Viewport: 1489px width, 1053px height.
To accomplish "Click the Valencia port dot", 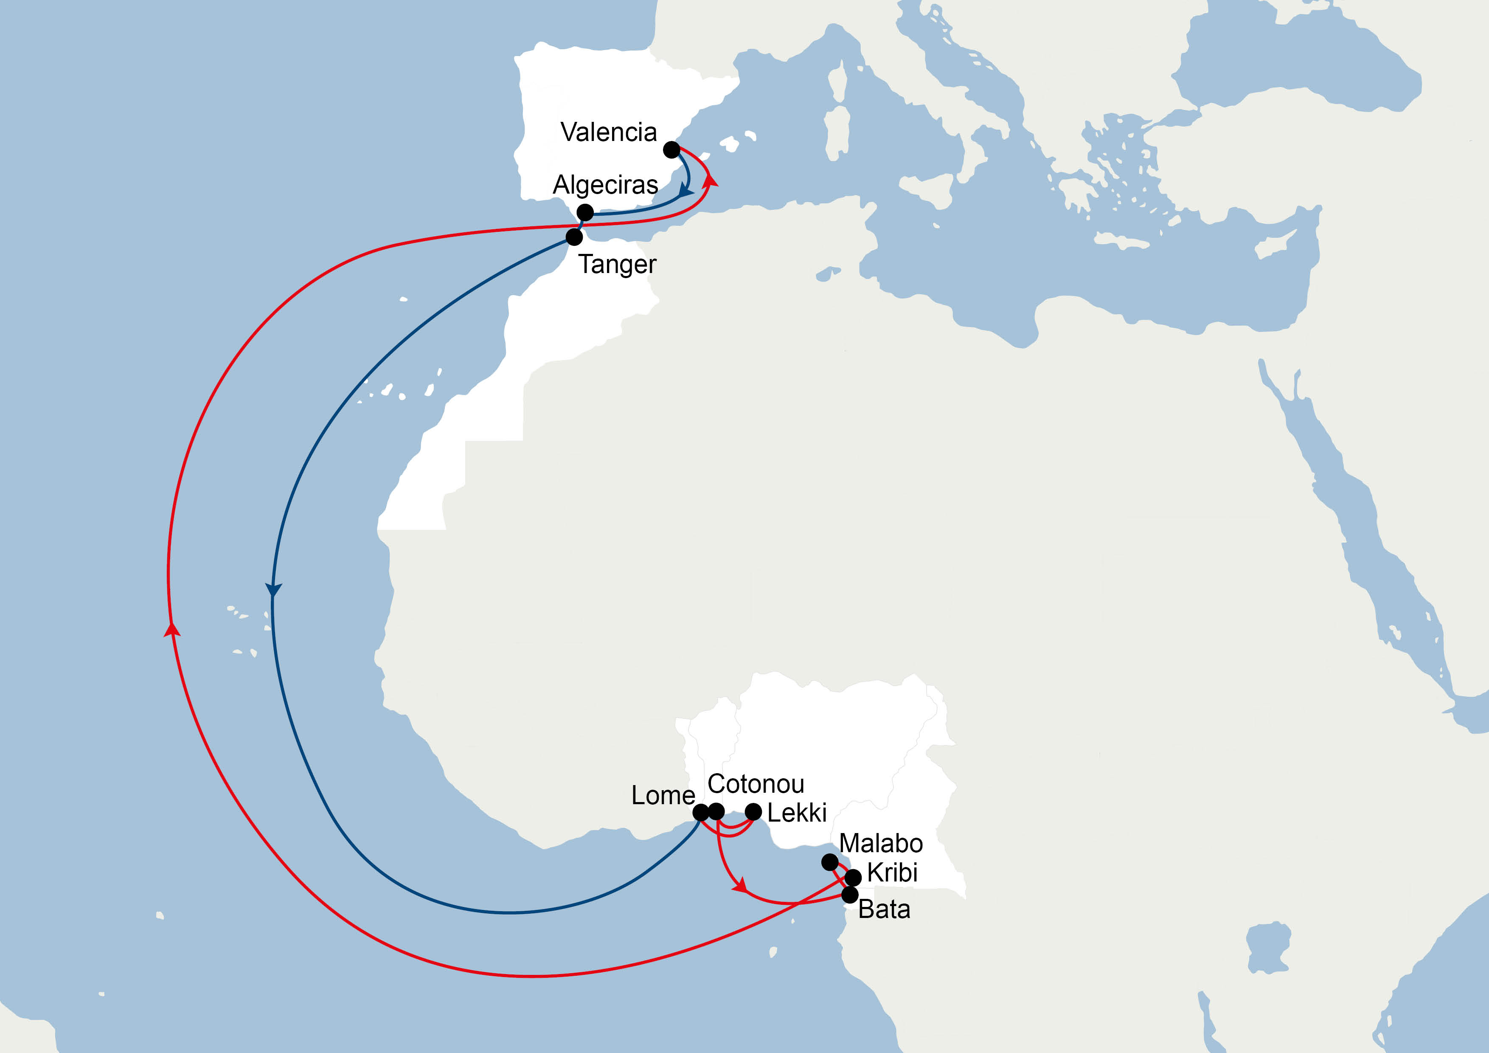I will coord(671,150).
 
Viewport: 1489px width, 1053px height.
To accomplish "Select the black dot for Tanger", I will coord(574,237).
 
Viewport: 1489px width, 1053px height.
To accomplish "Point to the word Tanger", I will coord(617,264).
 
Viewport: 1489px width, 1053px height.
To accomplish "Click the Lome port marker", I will coord(700,812).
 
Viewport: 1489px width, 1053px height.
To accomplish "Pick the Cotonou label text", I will coord(756,784).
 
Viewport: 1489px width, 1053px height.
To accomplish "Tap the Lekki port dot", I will coord(753,812).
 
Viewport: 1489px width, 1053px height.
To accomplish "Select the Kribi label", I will coord(892,873).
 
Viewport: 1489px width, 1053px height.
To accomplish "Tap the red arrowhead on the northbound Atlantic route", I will coord(172,629).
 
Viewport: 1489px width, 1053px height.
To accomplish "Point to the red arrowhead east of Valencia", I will coord(711,180).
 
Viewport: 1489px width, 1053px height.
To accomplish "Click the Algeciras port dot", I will coord(585,212).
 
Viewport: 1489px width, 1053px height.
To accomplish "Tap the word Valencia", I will coord(608,132).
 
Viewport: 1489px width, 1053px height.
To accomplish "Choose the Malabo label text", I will coord(881,843).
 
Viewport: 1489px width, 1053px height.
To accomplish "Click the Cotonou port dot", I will coord(716,812).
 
